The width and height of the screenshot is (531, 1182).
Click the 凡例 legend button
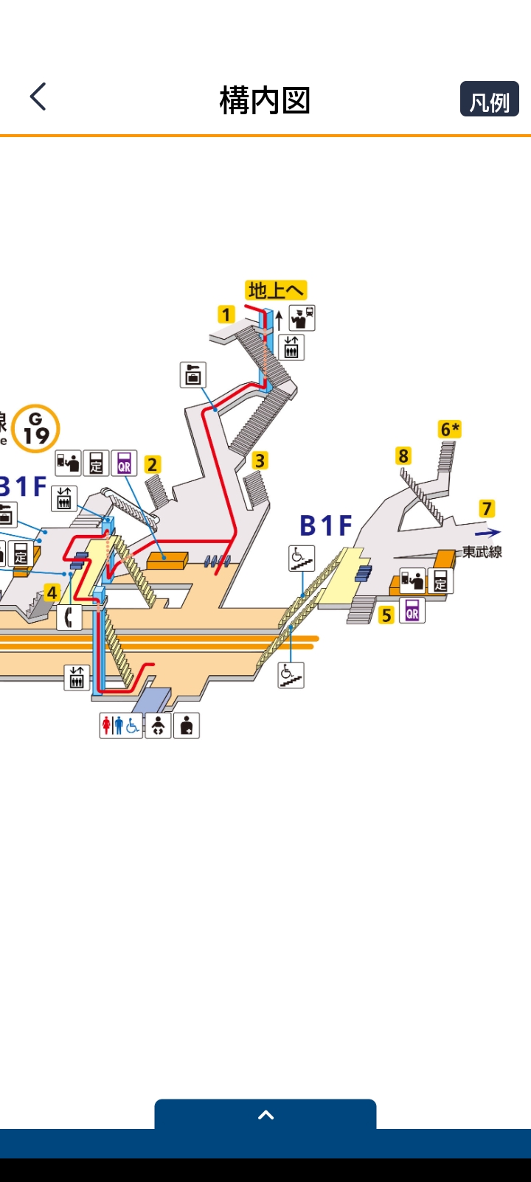click(489, 99)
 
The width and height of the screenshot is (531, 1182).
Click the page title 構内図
click(265, 100)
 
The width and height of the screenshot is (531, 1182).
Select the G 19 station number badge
click(35, 428)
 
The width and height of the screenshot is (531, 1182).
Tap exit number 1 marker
click(226, 315)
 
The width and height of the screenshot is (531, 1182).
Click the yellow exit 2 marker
click(153, 464)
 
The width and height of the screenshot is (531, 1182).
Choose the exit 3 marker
click(260, 461)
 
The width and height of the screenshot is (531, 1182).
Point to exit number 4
click(52, 592)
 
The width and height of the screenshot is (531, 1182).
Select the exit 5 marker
click(386, 615)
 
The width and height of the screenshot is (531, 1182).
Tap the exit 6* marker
click(450, 429)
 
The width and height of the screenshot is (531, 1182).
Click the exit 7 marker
click(486, 508)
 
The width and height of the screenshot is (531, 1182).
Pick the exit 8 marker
click(403, 455)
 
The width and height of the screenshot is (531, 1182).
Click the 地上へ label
click(276, 290)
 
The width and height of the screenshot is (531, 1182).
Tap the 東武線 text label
click(482, 552)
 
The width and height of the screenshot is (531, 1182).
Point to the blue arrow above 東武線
click(487, 532)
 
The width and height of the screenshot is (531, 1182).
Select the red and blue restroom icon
click(121, 726)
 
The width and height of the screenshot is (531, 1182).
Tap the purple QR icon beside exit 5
click(412, 610)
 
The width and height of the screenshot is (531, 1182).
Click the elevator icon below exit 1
click(291, 346)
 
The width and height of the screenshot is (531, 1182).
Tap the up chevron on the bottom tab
click(265, 1115)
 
